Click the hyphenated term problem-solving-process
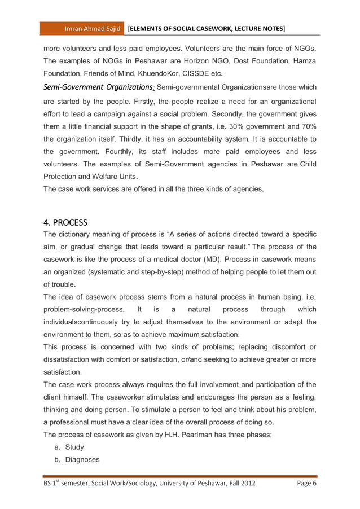pyautogui.click(x=82, y=310)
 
